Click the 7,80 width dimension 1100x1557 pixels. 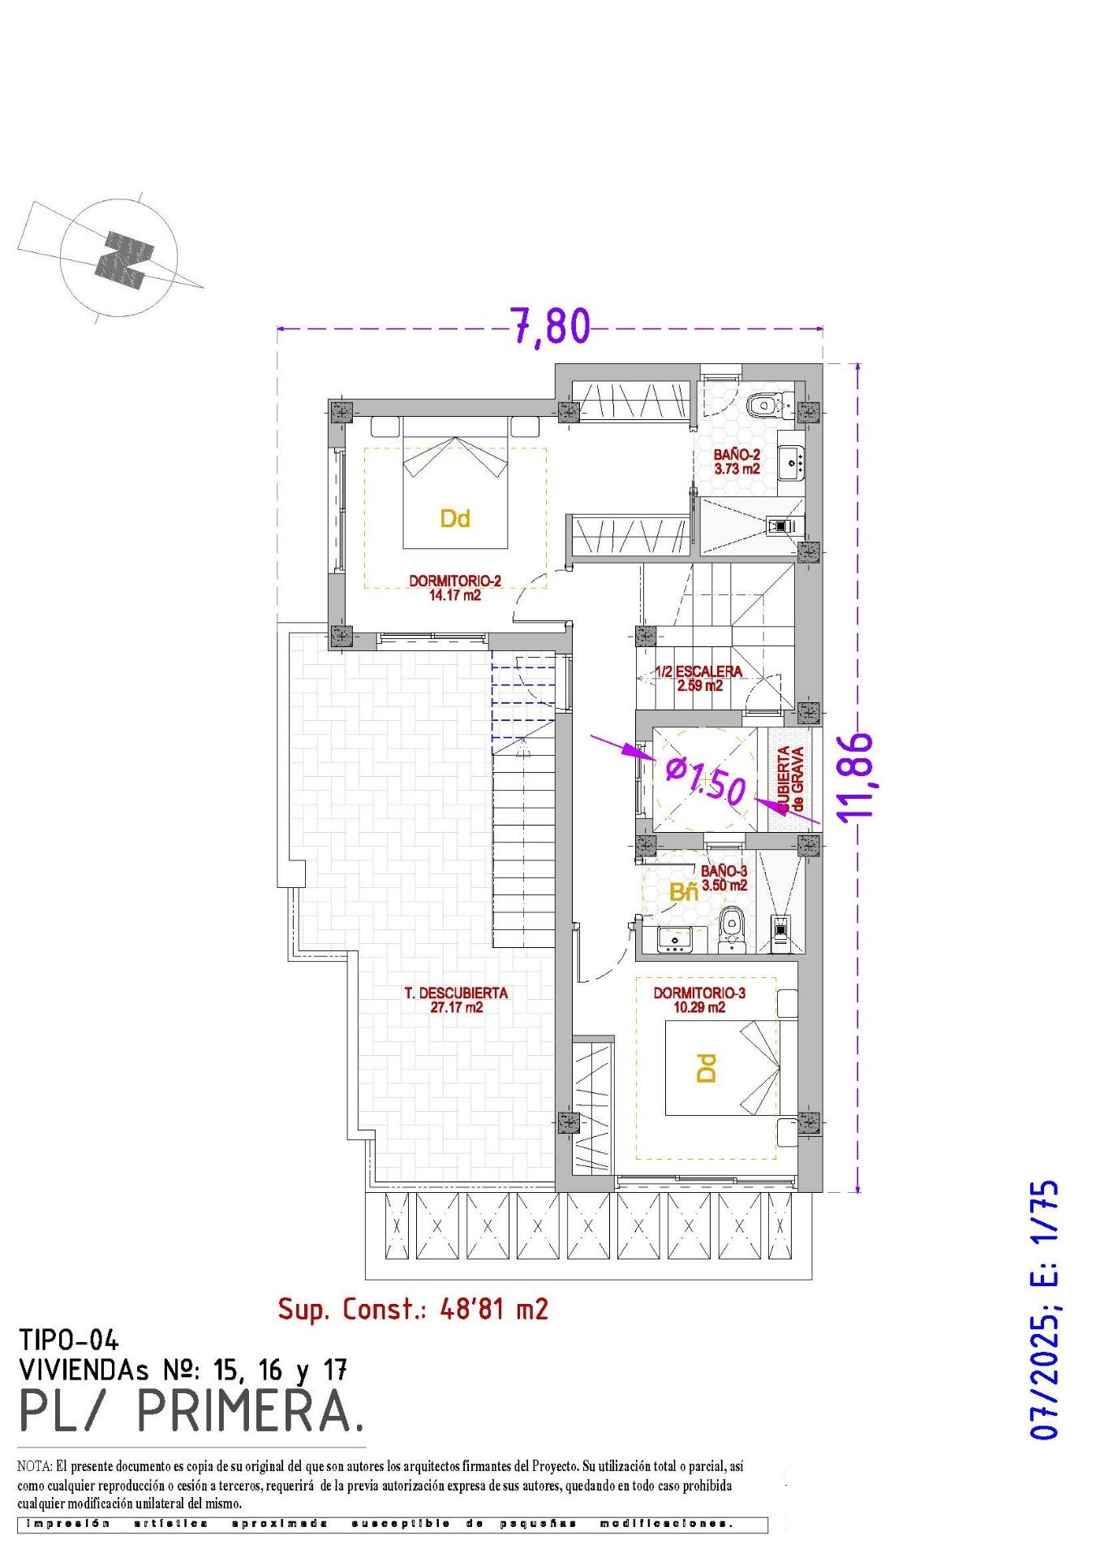pyautogui.click(x=550, y=326)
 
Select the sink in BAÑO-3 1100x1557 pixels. pyautogui.click(x=673, y=939)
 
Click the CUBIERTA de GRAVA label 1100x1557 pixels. pyautogui.click(x=791, y=779)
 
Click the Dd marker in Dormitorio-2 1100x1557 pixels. pyautogui.click(x=455, y=519)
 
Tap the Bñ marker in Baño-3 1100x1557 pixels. pyautogui.click(x=684, y=893)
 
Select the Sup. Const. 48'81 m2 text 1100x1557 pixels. pyautogui.click(x=413, y=1308)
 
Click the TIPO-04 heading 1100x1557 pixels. pyautogui.click(x=69, y=1340)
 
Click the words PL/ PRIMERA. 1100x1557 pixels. pyautogui.click(x=191, y=1413)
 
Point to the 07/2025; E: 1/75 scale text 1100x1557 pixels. pyautogui.click(x=1045, y=1309)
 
